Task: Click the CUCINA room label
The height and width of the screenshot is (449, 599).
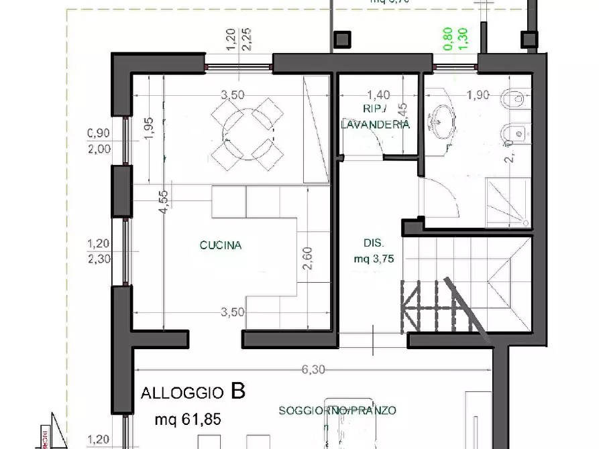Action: click(x=220, y=245)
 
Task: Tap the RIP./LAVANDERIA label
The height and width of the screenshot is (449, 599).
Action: click(x=375, y=117)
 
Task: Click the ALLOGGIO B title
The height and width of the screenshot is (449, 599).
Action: click(x=193, y=392)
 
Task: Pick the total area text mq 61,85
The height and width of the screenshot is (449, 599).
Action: click(x=188, y=420)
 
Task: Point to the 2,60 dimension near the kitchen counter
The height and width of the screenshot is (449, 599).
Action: click(x=307, y=259)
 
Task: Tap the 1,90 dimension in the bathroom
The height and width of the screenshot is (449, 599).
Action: click(x=477, y=95)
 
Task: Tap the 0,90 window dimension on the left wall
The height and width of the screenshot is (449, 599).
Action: click(x=99, y=133)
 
